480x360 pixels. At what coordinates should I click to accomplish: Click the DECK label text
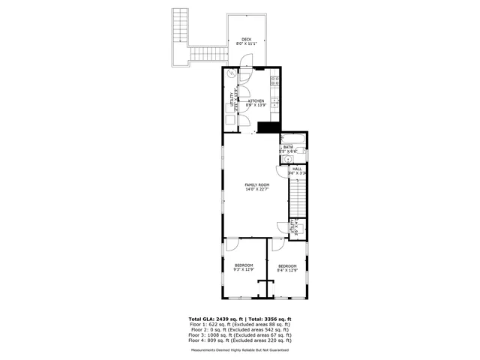tap(246, 40)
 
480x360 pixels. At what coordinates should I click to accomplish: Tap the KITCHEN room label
tap(256, 100)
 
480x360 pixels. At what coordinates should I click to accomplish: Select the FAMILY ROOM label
tap(256, 184)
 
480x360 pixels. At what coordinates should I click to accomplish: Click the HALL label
tap(297, 169)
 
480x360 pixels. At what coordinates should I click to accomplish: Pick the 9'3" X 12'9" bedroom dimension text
tap(244, 269)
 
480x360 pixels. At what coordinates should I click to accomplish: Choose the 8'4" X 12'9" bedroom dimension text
tap(287, 270)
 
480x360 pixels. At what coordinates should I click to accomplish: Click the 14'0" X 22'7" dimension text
tap(256, 189)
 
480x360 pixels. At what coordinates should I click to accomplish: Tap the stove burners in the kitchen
tap(275, 81)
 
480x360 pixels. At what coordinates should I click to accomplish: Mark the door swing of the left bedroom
tap(232, 246)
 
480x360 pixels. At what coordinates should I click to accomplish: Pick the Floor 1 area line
tap(240, 325)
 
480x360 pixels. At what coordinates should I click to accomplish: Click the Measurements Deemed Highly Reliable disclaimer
tap(240, 349)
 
